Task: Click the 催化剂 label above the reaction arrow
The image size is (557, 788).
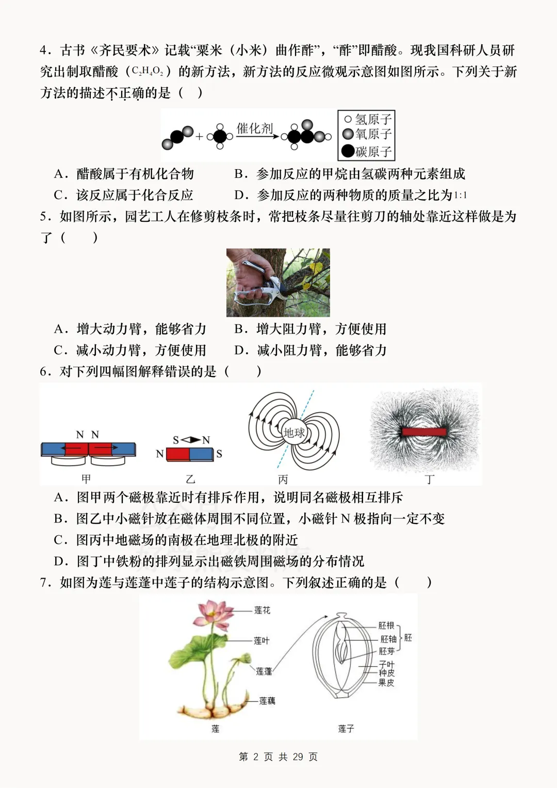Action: tap(254, 128)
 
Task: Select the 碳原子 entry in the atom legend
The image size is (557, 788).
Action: tap(367, 151)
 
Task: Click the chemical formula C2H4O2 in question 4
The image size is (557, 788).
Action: tap(148, 72)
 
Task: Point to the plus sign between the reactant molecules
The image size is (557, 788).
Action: tap(200, 137)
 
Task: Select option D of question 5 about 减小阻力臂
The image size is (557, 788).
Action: tap(310, 350)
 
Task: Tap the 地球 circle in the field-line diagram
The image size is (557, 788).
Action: tap(294, 432)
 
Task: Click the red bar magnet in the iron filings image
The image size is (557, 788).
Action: tap(424, 432)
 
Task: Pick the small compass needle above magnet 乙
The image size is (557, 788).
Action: tap(191, 440)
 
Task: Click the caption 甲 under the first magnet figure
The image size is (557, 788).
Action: tap(86, 479)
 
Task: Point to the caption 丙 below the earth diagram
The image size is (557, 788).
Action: tap(283, 479)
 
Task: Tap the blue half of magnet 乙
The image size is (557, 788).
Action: tap(202, 454)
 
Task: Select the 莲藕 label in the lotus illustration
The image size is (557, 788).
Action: tap(267, 701)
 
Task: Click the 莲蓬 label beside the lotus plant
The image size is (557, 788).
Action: tap(264, 671)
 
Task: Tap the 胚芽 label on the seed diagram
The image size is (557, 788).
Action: tap(386, 651)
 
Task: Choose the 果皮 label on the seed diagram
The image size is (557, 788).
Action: tap(386, 682)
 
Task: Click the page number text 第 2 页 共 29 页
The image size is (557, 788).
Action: tap(278, 757)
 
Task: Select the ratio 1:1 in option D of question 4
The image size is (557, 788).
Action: tap(460, 195)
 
